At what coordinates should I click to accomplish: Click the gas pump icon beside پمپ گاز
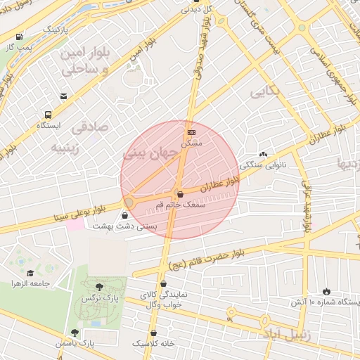18,37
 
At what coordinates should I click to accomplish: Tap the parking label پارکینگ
57,31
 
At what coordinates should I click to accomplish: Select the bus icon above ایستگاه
48,115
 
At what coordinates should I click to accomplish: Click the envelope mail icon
64,96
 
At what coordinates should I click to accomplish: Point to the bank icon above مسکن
191,132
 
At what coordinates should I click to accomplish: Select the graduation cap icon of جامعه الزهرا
30,273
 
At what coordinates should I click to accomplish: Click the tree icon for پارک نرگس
98,287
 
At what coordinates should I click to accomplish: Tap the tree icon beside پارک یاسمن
75,333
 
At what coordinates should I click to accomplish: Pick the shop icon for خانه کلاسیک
154,333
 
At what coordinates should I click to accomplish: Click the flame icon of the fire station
326,291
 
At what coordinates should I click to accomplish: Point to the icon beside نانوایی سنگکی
263,154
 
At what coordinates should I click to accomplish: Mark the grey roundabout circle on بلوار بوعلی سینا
129,203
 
